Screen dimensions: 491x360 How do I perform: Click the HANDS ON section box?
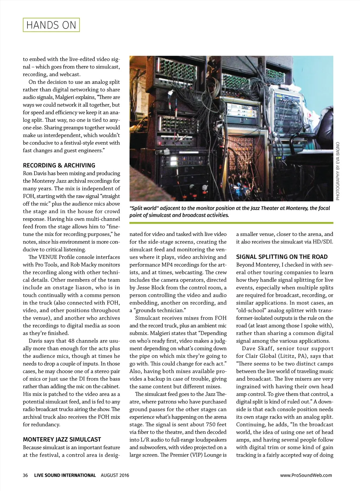pyautogui.click(x=51, y=25)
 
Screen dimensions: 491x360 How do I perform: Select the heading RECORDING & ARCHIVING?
pyautogui.click(x=59, y=165)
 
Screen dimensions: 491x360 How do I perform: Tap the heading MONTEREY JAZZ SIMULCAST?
pyautogui.click(x=62, y=439)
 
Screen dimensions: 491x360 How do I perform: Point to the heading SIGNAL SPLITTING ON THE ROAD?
pyautogui.click(x=282, y=257)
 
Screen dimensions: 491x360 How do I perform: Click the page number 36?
pyautogui.click(x=25, y=475)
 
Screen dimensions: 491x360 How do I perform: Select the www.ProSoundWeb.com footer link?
pyautogui.click(x=306, y=475)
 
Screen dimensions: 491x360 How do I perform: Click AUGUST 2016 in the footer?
pyautogui.click(x=115, y=475)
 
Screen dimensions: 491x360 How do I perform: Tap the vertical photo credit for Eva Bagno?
pyautogui.click(x=338, y=171)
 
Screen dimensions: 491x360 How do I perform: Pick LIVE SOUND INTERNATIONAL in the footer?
pyautogui.click(x=65, y=475)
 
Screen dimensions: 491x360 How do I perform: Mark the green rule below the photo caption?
pyautogui.click(x=231, y=223)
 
